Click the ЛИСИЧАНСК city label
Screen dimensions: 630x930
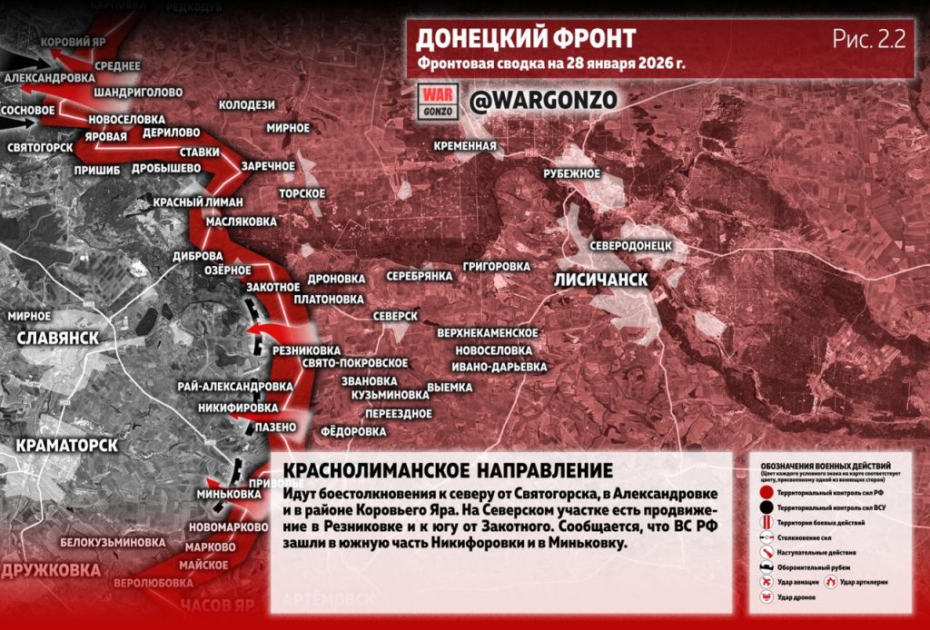(x=600, y=281)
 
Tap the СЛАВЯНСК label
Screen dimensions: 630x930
(x=57, y=338)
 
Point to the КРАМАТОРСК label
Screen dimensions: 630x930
(x=66, y=446)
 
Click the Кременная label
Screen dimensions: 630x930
(x=465, y=146)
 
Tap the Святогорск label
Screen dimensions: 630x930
(x=39, y=147)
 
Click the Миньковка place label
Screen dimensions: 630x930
(x=228, y=494)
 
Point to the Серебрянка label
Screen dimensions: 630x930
(x=420, y=275)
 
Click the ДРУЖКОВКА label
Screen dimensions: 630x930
(x=51, y=571)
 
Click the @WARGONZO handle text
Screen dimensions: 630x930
(x=543, y=100)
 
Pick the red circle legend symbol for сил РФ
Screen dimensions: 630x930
(x=767, y=491)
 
